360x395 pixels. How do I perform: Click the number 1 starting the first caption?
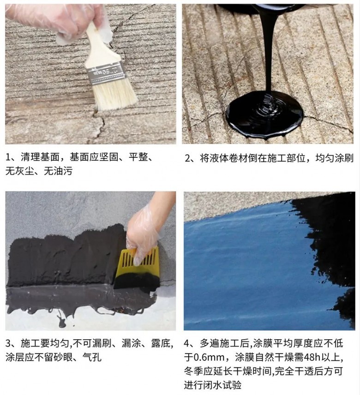click(x=8, y=158)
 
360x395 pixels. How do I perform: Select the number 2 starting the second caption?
click(x=187, y=158)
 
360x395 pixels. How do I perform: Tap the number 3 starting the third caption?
click(x=9, y=343)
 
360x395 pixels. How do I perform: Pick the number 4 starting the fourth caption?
click(x=187, y=343)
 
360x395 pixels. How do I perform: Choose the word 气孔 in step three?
click(x=92, y=357)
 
